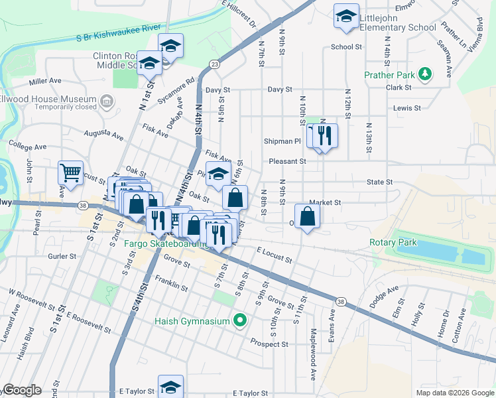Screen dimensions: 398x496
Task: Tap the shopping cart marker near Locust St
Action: point(70,174)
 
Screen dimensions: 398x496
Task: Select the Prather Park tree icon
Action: point(426,74)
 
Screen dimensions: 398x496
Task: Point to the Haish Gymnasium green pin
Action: point(240,321)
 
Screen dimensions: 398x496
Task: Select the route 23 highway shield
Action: point(214,64)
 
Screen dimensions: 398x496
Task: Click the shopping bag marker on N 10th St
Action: point(307,217)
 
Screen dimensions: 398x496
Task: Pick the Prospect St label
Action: point(269,344)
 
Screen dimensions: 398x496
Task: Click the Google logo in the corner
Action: point(22,390)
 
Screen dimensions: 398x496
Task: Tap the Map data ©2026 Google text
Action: point(454,393)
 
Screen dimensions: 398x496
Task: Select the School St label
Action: point(346,47)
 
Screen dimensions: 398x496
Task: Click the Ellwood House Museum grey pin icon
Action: point(107,101)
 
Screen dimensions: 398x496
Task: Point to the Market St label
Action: point(324,202)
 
